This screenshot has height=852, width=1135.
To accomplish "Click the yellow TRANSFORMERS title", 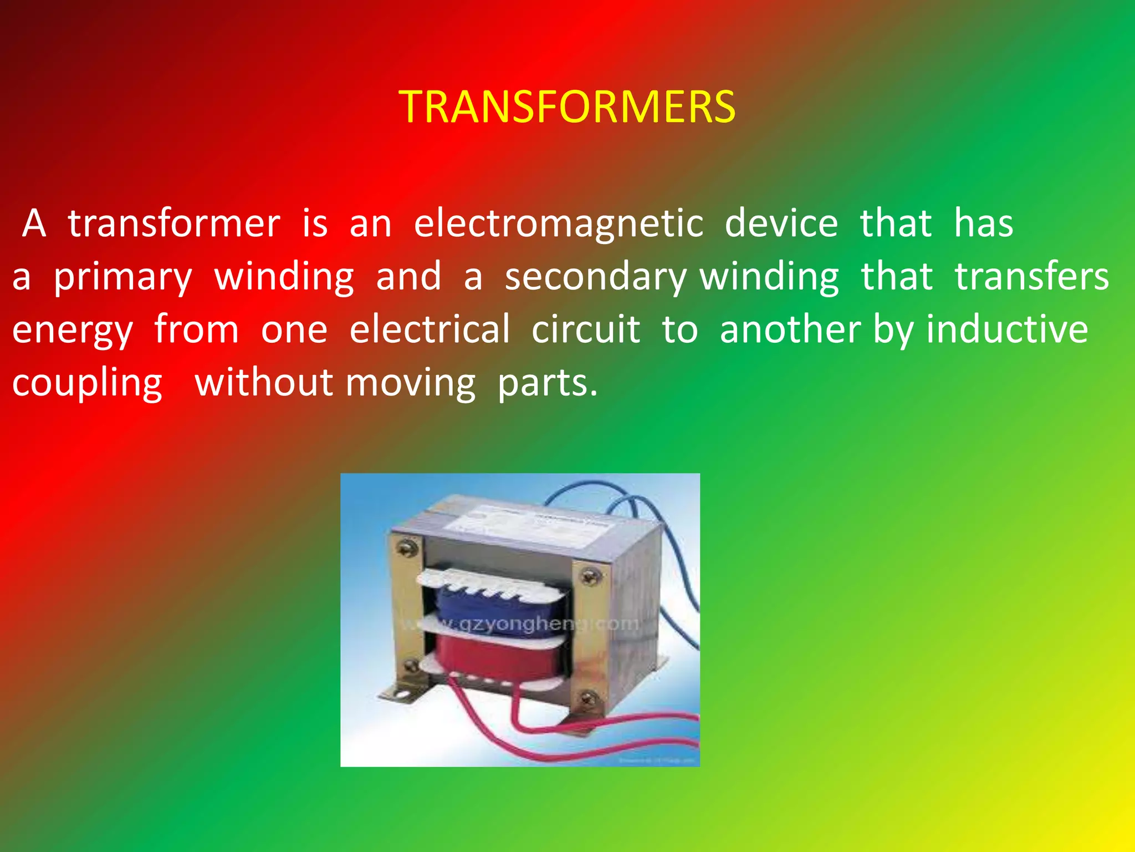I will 567,106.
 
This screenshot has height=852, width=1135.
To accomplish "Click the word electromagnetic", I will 559,224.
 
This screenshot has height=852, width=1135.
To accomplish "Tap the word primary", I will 122,277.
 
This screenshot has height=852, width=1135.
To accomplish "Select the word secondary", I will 595,277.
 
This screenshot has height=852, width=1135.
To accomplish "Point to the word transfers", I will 1031,277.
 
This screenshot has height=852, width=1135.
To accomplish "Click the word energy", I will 73,330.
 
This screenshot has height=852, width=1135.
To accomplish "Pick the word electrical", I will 430,329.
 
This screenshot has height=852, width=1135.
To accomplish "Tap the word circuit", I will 586,329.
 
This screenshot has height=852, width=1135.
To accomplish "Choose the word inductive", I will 1007,329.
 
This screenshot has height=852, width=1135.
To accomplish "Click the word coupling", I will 87,383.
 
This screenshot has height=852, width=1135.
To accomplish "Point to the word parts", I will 547,383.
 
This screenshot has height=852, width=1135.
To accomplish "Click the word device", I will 781,224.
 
